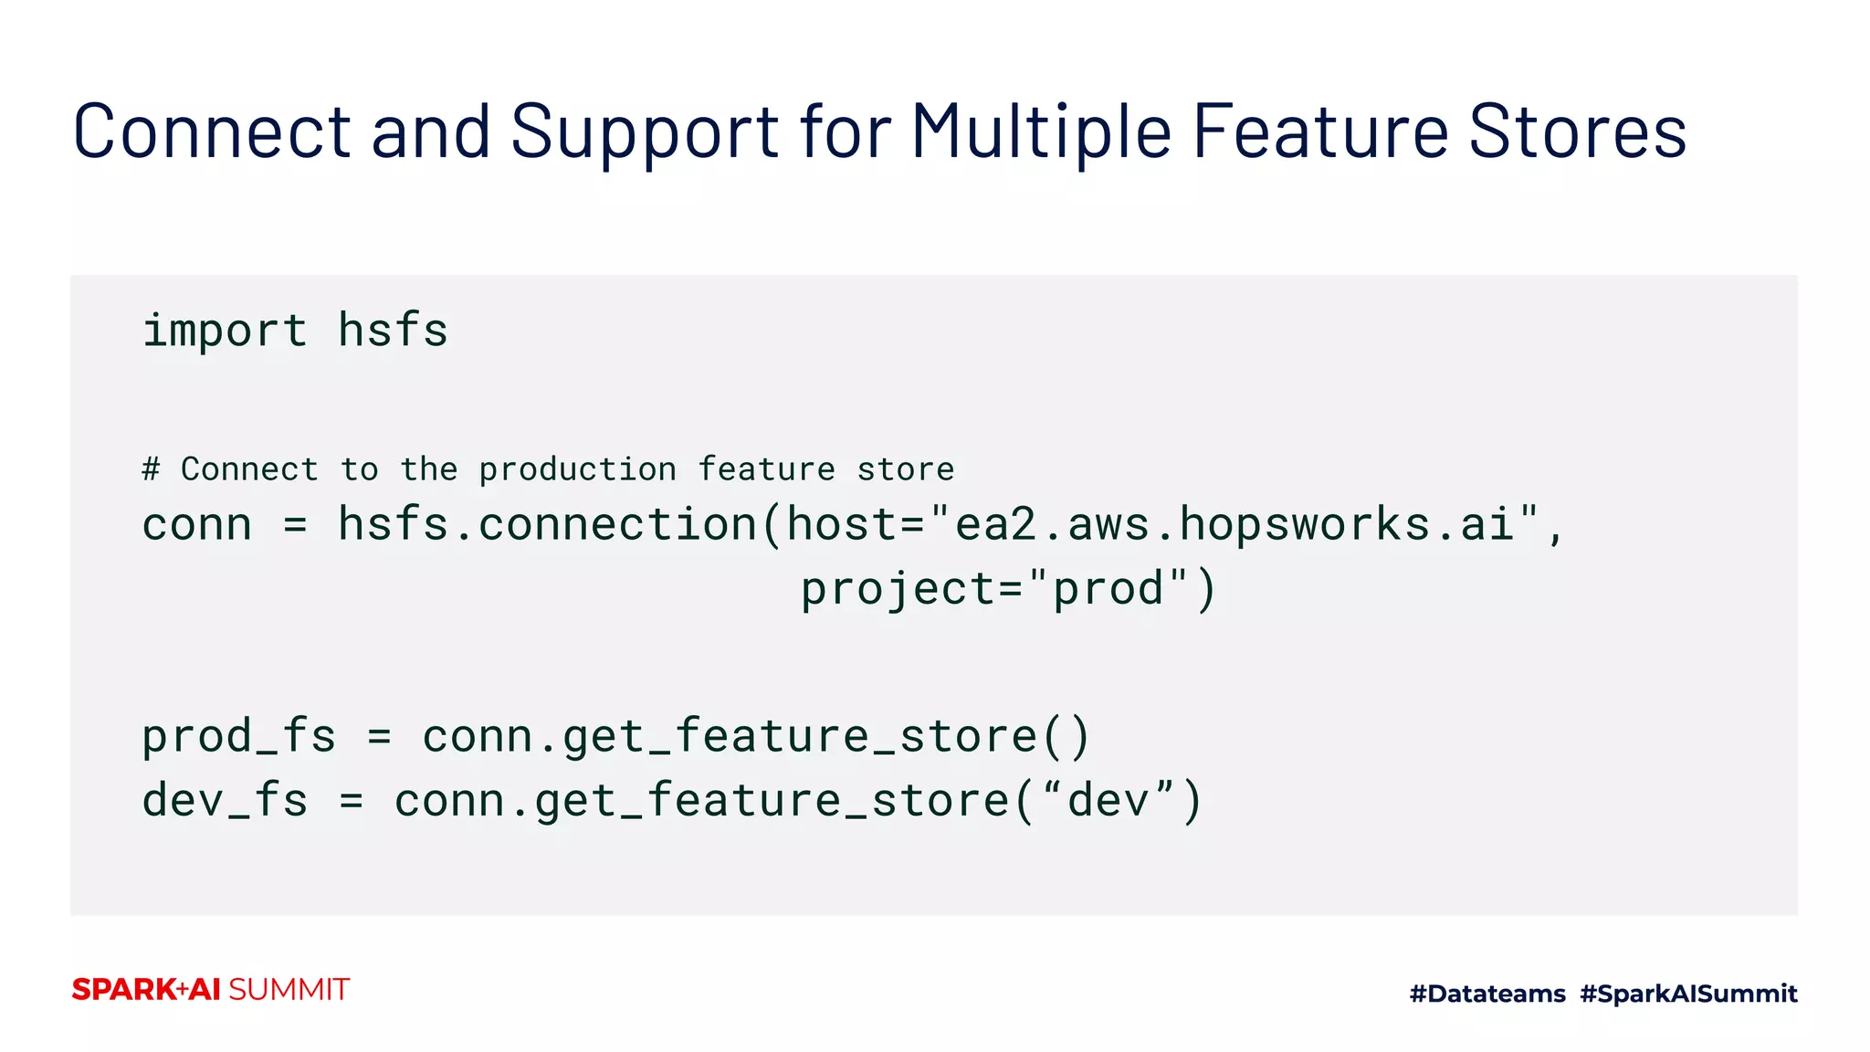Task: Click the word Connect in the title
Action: (x=212, y=131)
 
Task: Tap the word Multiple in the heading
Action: (x=1041, y=131)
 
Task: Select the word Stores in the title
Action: (x=1577, y=131)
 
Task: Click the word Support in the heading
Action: (x=645, y=131)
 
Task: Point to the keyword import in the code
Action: (x=225, y=330)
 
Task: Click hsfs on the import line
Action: (x=393, y=330)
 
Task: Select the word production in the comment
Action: (x=577, y=469)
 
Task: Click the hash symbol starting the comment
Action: (x=151, y=469)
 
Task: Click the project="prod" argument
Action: (x=1007, y=588)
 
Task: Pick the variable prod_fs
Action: (x=238, y=736)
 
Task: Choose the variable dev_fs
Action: (x=225, y=801)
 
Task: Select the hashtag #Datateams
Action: (x=1487, y=994)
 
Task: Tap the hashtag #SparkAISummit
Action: (x=1688, y=994)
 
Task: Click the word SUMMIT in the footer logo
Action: (x=289, y=990)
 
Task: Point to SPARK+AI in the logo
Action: (x=146, y=990)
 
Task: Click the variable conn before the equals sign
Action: (x=196, y=524)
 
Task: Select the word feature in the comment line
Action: (x=766, y=469)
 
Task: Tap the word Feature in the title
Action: (x=1320, y=131)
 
